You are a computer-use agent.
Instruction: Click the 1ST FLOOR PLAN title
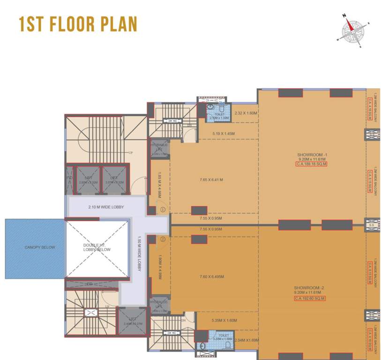click(x=78, y=24)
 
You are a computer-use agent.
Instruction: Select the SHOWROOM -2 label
click(x=310, y=287)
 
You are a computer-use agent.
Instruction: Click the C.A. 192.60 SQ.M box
click(x=310, y=298)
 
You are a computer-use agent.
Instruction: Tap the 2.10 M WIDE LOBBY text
click(x=106, y=207)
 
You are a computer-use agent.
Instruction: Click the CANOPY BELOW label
click(x=35, y=247)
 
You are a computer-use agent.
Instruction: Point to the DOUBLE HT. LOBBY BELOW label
click(x=97, y=247)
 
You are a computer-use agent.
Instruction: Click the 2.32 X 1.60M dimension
click(x=246, y=113)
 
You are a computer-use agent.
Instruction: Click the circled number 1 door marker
click(x=163, y=210)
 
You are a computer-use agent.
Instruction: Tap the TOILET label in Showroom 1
click(x=219, y=114)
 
